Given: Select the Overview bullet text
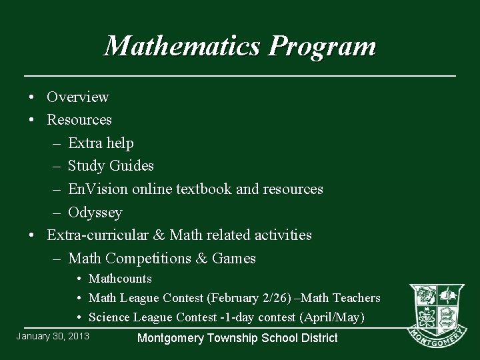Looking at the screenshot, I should [77, 97].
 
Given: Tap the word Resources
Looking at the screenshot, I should [79, 120].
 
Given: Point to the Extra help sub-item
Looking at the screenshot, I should [101, 143].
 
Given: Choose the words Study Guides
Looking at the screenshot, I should [111, 166].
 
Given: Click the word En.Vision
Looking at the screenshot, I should [98, 189].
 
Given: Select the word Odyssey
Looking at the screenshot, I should [95, 213].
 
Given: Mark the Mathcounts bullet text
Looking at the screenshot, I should [120, 279].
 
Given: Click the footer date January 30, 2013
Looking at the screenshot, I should [53, 335].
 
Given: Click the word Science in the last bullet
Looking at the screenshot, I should [109, 317].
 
